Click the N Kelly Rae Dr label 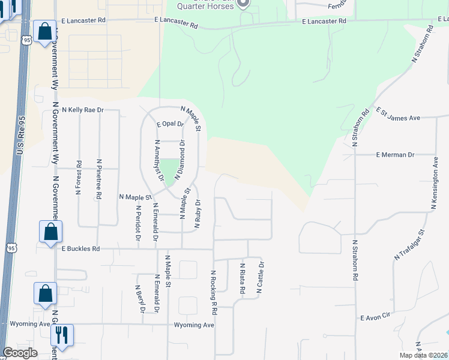[82, 110]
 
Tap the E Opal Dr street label [170, 124]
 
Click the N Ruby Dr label [196, 214]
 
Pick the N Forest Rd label [79, 178]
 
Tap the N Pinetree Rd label [99, 178]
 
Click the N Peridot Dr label [138, 223]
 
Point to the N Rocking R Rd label [214, 292]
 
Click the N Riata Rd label [243, 278]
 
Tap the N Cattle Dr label [261, 277]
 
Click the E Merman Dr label [395, 155]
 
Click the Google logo [20, 353]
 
